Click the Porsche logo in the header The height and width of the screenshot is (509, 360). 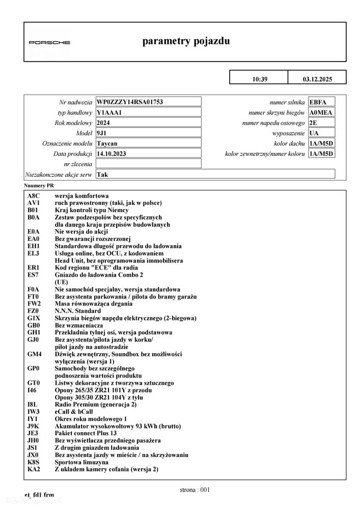click(x=49, y=42)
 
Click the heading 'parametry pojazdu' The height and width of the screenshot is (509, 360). click(x=186, y=41)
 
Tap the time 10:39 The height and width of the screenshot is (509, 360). click(x=259, y=78)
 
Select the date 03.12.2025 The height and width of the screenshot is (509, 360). click(x=317, y=78)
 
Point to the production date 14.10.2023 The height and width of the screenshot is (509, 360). click(x=113, y=153)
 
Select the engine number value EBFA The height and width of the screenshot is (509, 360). click(x=318, y=102)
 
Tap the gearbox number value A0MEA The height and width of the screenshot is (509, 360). click(x=321, y=113)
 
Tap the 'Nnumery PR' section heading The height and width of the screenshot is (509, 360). click(x=39, y=186)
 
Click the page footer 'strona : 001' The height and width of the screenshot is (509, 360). click(x=195, y=490)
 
